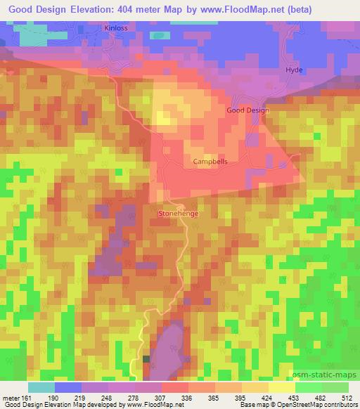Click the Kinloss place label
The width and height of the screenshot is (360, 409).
116,28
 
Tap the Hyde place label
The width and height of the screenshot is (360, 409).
293,70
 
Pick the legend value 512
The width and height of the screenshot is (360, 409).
348,397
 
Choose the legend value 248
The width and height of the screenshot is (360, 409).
107,397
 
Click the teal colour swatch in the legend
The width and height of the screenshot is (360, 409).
41,387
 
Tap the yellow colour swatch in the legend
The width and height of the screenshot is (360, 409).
281,387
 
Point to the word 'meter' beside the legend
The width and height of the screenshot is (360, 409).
10,397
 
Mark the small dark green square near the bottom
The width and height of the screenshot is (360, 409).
146,359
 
